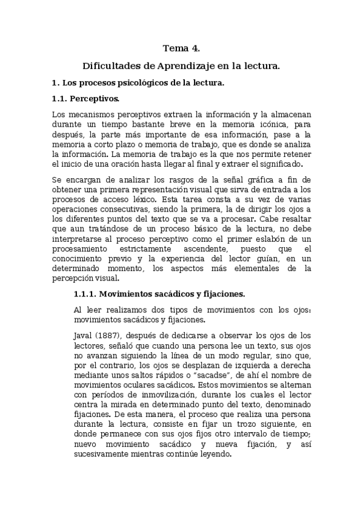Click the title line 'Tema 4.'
tap(182, 48)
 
